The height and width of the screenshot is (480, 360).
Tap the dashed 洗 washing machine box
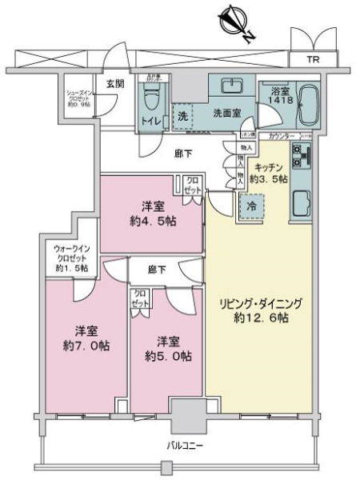[183, 115]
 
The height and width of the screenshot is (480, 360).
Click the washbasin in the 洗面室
[231, 87]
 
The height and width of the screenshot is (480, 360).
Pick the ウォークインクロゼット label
[71, 258]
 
